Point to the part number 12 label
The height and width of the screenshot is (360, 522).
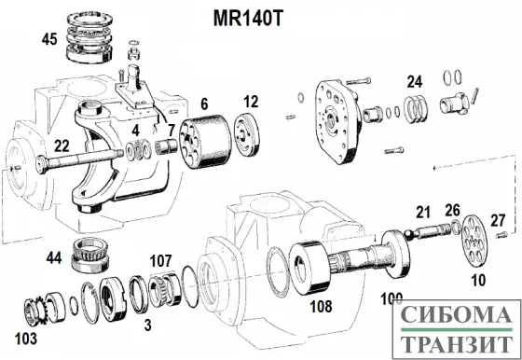(x=250, y=102)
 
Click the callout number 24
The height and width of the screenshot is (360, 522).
(x=415, y=80)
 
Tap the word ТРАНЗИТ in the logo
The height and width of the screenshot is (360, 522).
(x=457, y=345)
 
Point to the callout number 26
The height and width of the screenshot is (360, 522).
(x=452, y=210)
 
